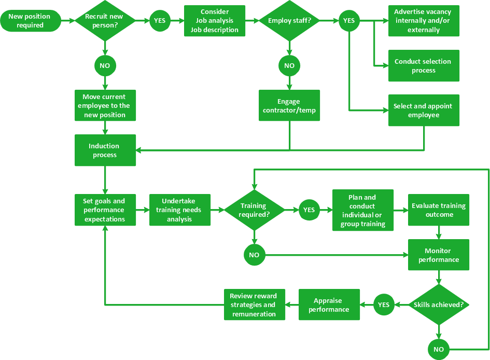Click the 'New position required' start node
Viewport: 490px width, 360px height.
pyautogui.click(x=30, y=21)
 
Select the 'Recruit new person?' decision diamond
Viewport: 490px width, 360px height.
pyautogui.click(x=105, y=21)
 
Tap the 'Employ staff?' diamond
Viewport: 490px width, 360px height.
pyautogui.click(x=289, y=21)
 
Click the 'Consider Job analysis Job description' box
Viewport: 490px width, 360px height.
pyautogui.click(x=215, y=21)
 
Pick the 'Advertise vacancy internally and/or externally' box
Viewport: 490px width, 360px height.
pyautogui.click(x=424, y=21)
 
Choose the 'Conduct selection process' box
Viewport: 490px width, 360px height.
pyautogui.click(x=424, y=66)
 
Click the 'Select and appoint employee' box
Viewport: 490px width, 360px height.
pyautogui.click(x=424, y=110)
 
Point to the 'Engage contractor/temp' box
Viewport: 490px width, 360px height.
pyautogui.click(x=289, y=106)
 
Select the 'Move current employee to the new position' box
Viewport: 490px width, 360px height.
pyautogui.click(x=105, y=106)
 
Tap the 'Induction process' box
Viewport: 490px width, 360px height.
pyautogui.click(x=105, y=150)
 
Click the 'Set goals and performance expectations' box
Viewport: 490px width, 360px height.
pyautogui.click(x=105, y=210)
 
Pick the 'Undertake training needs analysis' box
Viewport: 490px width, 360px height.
pyautogui.click(x=180, y=210)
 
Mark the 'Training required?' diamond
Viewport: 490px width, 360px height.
pyautogui.click(x=254, y=210)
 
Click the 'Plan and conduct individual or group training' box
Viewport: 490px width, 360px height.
pyautogui.click(x=363, y=210)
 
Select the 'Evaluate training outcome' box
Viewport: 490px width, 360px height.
pyautogui.click(x=439, y=210)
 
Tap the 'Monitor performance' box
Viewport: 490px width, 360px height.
pyautogui.click(x=439, y=255)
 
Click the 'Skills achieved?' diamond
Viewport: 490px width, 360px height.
pyautogui.click(x=439, y=304)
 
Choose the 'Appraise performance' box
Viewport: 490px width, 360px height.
pyautogui.click(x=329, y=304)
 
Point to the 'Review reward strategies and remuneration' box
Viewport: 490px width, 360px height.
pyautogui.click(x=254, y=304)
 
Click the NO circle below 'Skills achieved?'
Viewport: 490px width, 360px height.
pyautogui.click(x=439, y=349)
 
